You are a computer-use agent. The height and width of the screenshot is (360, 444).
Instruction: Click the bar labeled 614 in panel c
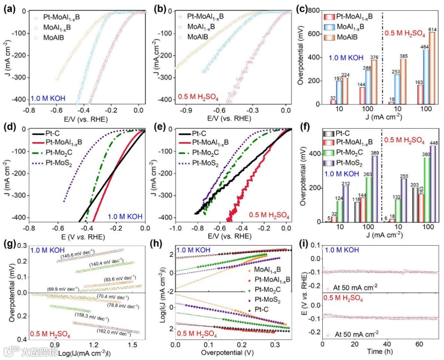pos(432,68)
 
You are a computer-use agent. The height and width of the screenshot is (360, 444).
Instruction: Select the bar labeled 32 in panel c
pos(333,102)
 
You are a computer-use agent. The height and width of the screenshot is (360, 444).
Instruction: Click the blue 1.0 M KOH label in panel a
pos(48,98)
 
